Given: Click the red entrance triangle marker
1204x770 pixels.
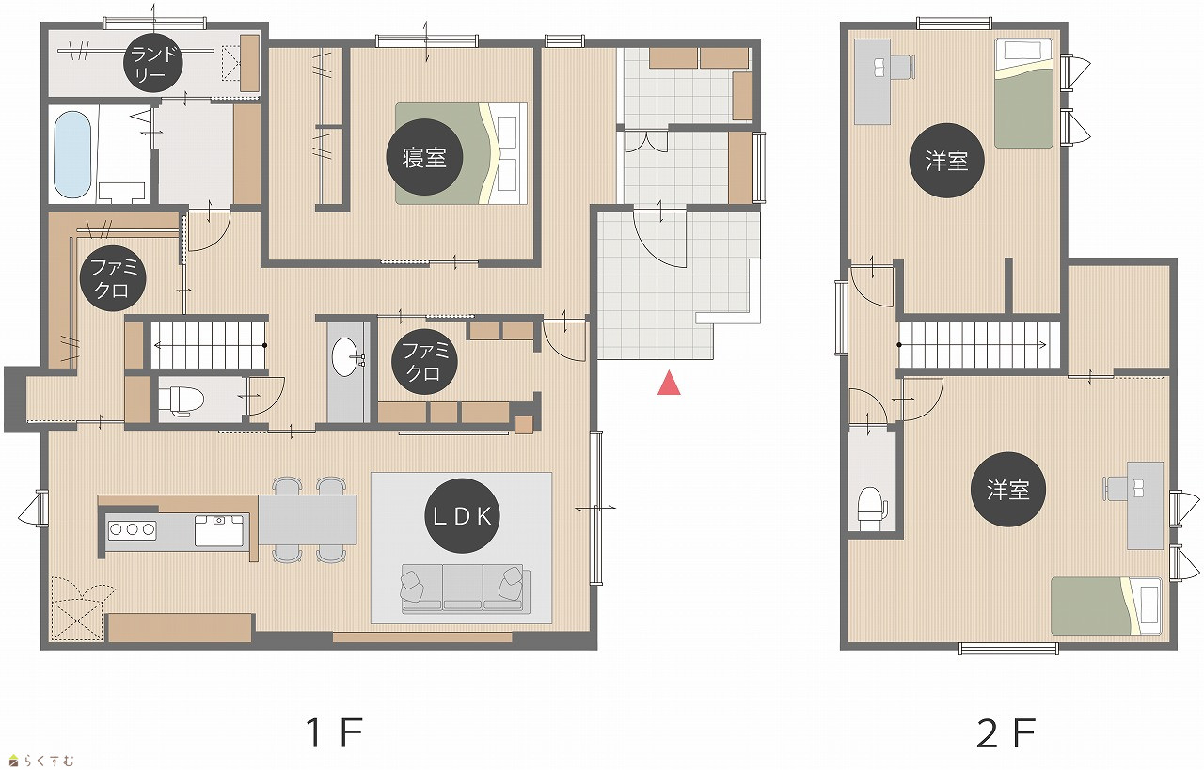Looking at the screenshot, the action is click(669, 383).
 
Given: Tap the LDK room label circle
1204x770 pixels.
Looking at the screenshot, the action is click(462, 516).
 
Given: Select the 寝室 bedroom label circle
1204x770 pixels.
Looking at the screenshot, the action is click(424, 157).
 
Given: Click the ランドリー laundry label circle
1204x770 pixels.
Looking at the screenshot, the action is click(153, 63).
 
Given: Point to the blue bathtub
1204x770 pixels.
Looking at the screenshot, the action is click(72, 155).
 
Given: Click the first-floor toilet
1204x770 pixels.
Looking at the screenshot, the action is click(182, 401).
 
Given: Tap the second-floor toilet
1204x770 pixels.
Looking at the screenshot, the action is click(871, 509).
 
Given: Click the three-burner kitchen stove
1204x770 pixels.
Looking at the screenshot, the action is click(133, 530).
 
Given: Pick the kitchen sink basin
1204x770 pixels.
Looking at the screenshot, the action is click(219, 530).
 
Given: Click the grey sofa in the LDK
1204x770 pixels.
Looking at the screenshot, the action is click(465, 589).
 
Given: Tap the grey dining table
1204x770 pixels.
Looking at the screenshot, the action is click(308, 520).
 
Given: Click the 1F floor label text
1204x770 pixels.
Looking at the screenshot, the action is click(334, 732).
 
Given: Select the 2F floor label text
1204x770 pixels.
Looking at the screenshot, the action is click(1006, 732).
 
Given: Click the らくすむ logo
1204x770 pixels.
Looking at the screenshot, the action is click(41, 761).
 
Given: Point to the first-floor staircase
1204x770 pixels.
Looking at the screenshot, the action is click(209, 345).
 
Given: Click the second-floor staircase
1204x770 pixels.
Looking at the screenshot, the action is click(979, 344).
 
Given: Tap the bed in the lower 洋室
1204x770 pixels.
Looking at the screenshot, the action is click(1106, 606).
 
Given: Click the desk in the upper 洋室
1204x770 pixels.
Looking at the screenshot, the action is click(872, 82).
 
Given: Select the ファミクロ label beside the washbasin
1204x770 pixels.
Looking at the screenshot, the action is click(424, 362).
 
